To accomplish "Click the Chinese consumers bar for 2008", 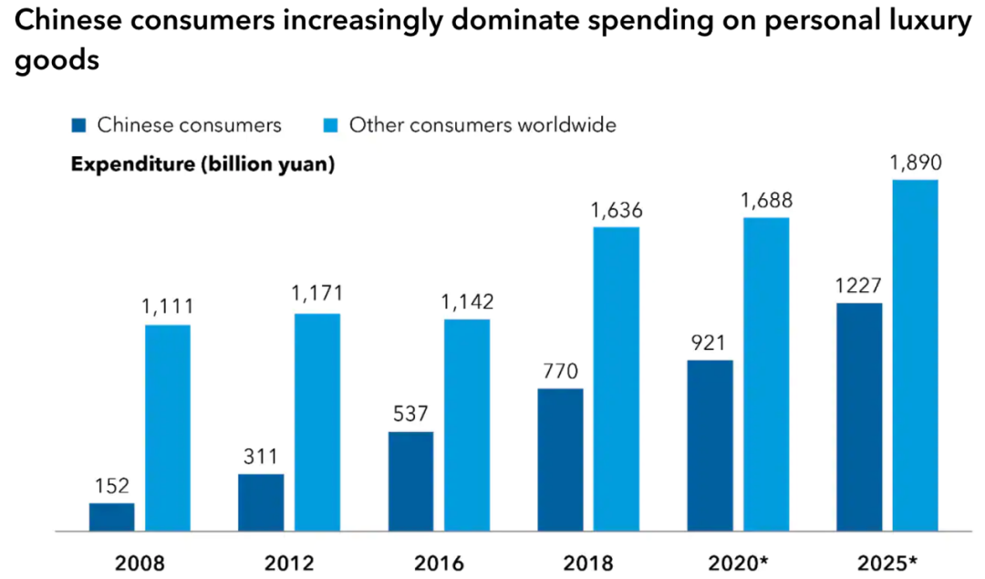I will [111, 517].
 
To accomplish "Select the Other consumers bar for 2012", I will [317, 422].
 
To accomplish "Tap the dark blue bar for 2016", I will [410, 481].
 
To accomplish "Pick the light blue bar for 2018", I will [617, 379].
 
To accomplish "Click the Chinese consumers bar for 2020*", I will [710, 446].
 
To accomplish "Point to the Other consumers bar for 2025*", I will [915, 355].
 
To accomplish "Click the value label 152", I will [111, 486].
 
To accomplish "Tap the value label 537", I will [410, 414].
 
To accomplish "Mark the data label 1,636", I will [617, 209].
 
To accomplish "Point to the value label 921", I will [710, 342].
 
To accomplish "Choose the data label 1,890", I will [915, 163].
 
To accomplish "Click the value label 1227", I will [857, 285].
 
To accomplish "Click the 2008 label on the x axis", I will [140, 562].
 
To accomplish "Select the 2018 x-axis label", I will [588, 562].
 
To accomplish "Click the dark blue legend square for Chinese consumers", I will [78, 125].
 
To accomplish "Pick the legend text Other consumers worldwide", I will [482, 125].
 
